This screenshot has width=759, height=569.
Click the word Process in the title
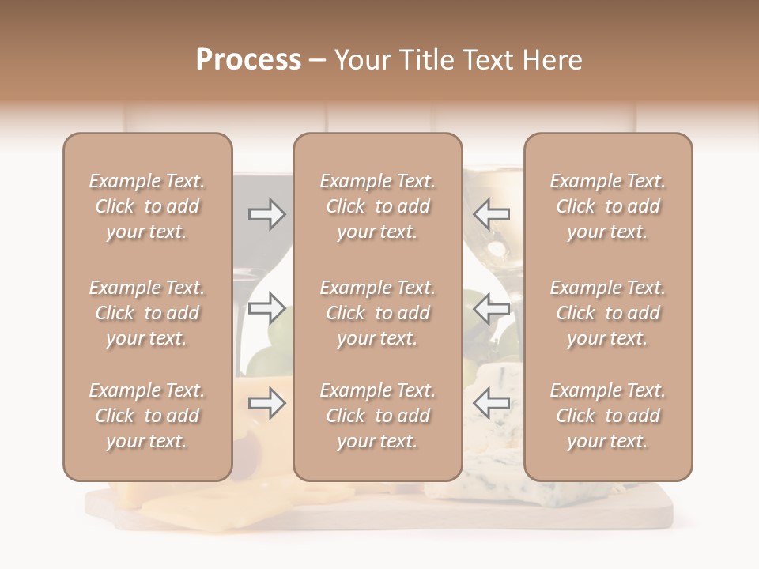tap(248, 60)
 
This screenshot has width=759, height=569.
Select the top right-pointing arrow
tap(266, 214)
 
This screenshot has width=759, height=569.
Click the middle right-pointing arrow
tap(266, 307)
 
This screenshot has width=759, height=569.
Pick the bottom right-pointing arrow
tap(266, 403)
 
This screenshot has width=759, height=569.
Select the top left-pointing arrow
tap(492, 214)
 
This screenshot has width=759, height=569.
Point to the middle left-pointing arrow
tap(492, 307)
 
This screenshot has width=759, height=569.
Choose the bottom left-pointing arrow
tap(492, 403)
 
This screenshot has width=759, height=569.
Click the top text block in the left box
tap(147, 206)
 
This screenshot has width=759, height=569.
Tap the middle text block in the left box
tap(147, 313)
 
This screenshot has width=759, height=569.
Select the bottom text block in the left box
tap(147, 416)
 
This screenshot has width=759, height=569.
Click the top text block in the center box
tap(378, 206)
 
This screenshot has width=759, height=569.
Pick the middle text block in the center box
tap(378, 313)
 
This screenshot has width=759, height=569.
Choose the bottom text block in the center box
tap(378, 416)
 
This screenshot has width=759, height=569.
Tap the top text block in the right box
tap(608, 206)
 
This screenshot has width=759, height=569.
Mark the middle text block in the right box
tap(608, 313)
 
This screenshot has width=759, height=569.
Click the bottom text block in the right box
tap(608, 416)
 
